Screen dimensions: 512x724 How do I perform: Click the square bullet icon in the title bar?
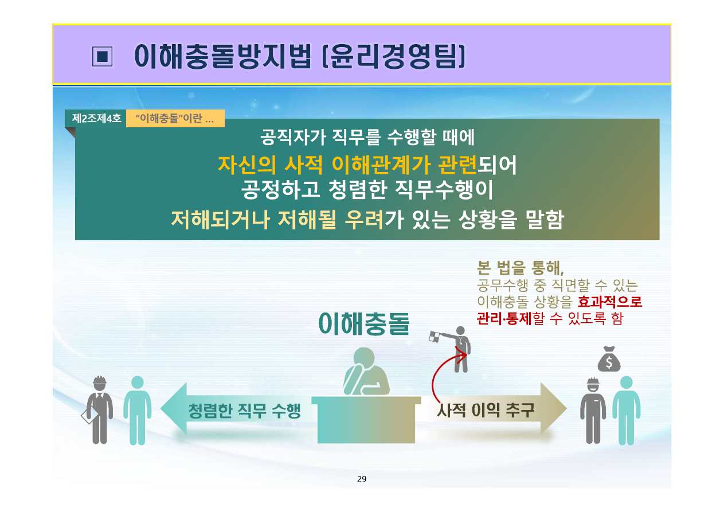[x=101, y=56]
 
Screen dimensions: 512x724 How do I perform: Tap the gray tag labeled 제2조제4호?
[x=96, y=119]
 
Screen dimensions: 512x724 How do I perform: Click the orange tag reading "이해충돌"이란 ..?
[x=174, y=119]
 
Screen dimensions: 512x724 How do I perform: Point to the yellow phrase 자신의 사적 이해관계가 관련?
[x=347, y=165]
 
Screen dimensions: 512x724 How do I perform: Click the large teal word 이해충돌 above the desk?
[x=365, y=323]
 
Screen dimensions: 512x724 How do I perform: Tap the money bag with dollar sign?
[x=609, y=359]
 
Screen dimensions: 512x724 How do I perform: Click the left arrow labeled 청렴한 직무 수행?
[x=229, y=409]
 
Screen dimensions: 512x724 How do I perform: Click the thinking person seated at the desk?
[x=365, y=373]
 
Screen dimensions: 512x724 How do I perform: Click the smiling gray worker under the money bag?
[x=592, y=409]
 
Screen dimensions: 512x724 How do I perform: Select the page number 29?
[x=361, y=479]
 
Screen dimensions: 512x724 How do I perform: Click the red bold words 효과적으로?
[x=609, y=302]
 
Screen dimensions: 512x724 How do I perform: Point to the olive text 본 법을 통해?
[x=520, y=268]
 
